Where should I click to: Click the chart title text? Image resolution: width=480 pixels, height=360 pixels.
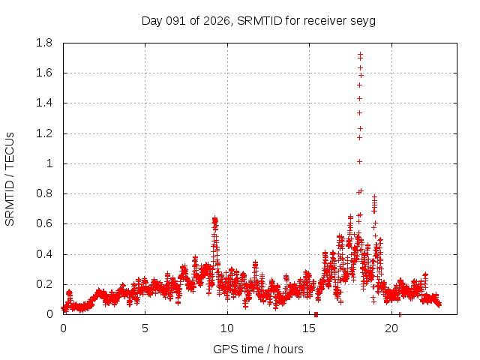coord(258,20)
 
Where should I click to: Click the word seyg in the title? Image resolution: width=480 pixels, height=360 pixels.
coord(363,20)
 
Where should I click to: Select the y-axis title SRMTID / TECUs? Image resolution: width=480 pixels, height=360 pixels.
coord(10,178)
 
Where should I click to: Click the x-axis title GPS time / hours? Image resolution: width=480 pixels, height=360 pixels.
coord(258,349)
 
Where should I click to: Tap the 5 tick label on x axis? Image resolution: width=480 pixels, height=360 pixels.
coord(145,328)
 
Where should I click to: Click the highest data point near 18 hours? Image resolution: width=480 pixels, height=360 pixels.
coord(360,54)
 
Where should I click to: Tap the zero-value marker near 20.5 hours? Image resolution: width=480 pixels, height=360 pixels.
coord(400,314)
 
